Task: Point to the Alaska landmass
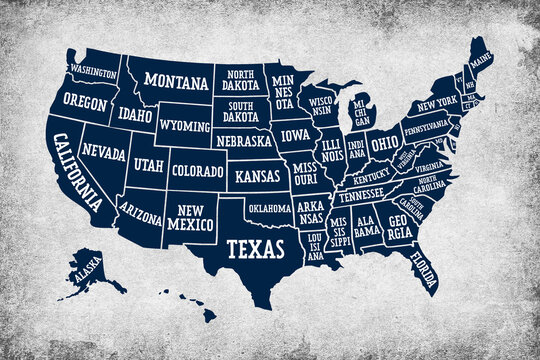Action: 89,271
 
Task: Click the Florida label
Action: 426,271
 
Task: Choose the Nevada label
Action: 103,154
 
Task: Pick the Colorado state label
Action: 197,171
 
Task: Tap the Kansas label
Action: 258,177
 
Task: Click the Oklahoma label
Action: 269,209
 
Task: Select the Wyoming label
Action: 184,128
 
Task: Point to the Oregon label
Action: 85,101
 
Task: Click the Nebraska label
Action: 244,141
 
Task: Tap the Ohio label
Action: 385,143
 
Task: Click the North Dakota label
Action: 240,79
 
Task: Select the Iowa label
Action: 295,133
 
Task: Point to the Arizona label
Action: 139,210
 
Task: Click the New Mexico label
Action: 190,217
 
